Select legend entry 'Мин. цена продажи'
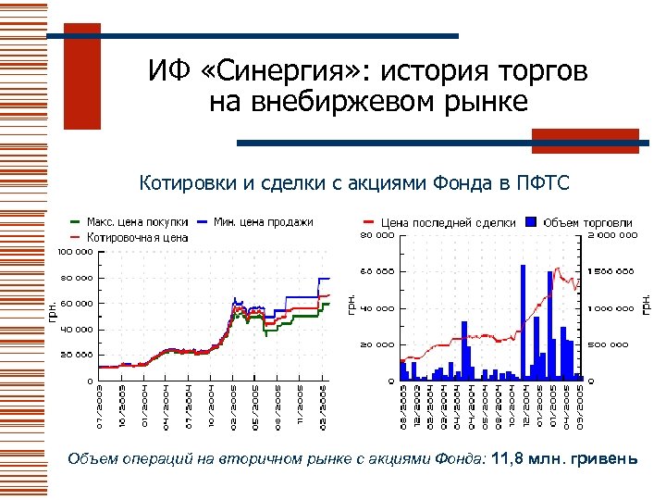pyautogui.click(x=263, y=222)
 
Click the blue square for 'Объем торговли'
pyautogui.click(x=531, y=223)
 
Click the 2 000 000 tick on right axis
pyautogui.click(x=611, y=235)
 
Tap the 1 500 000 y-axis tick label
pyautogui.click(x=611, y=271)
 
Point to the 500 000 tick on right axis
pyautogui.click(x=610, y=344)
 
